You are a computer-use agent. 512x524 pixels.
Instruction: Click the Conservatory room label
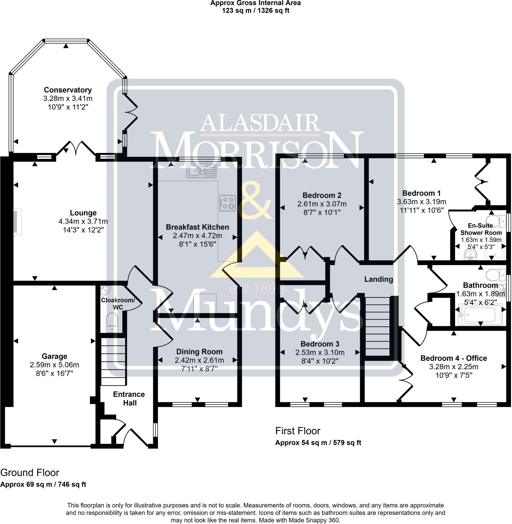click(68, 90)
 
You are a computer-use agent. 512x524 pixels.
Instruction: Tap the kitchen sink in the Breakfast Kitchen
click(201, 171)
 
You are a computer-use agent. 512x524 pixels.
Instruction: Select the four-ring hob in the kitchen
click(228, 203)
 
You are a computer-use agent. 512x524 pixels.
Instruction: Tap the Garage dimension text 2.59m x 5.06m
click(54, 365)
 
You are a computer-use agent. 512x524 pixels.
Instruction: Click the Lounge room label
click(83, 213)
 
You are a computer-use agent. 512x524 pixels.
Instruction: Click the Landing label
click(378, 279)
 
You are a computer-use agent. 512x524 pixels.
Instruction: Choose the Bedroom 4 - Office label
click(453, 358)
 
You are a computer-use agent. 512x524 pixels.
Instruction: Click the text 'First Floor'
click(298, 431)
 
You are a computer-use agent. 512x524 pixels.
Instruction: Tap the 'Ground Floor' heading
click(30, 472)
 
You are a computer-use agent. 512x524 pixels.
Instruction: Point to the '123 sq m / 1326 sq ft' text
click(255, 11)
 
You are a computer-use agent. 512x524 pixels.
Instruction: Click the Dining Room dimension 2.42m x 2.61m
click(199, 360)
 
